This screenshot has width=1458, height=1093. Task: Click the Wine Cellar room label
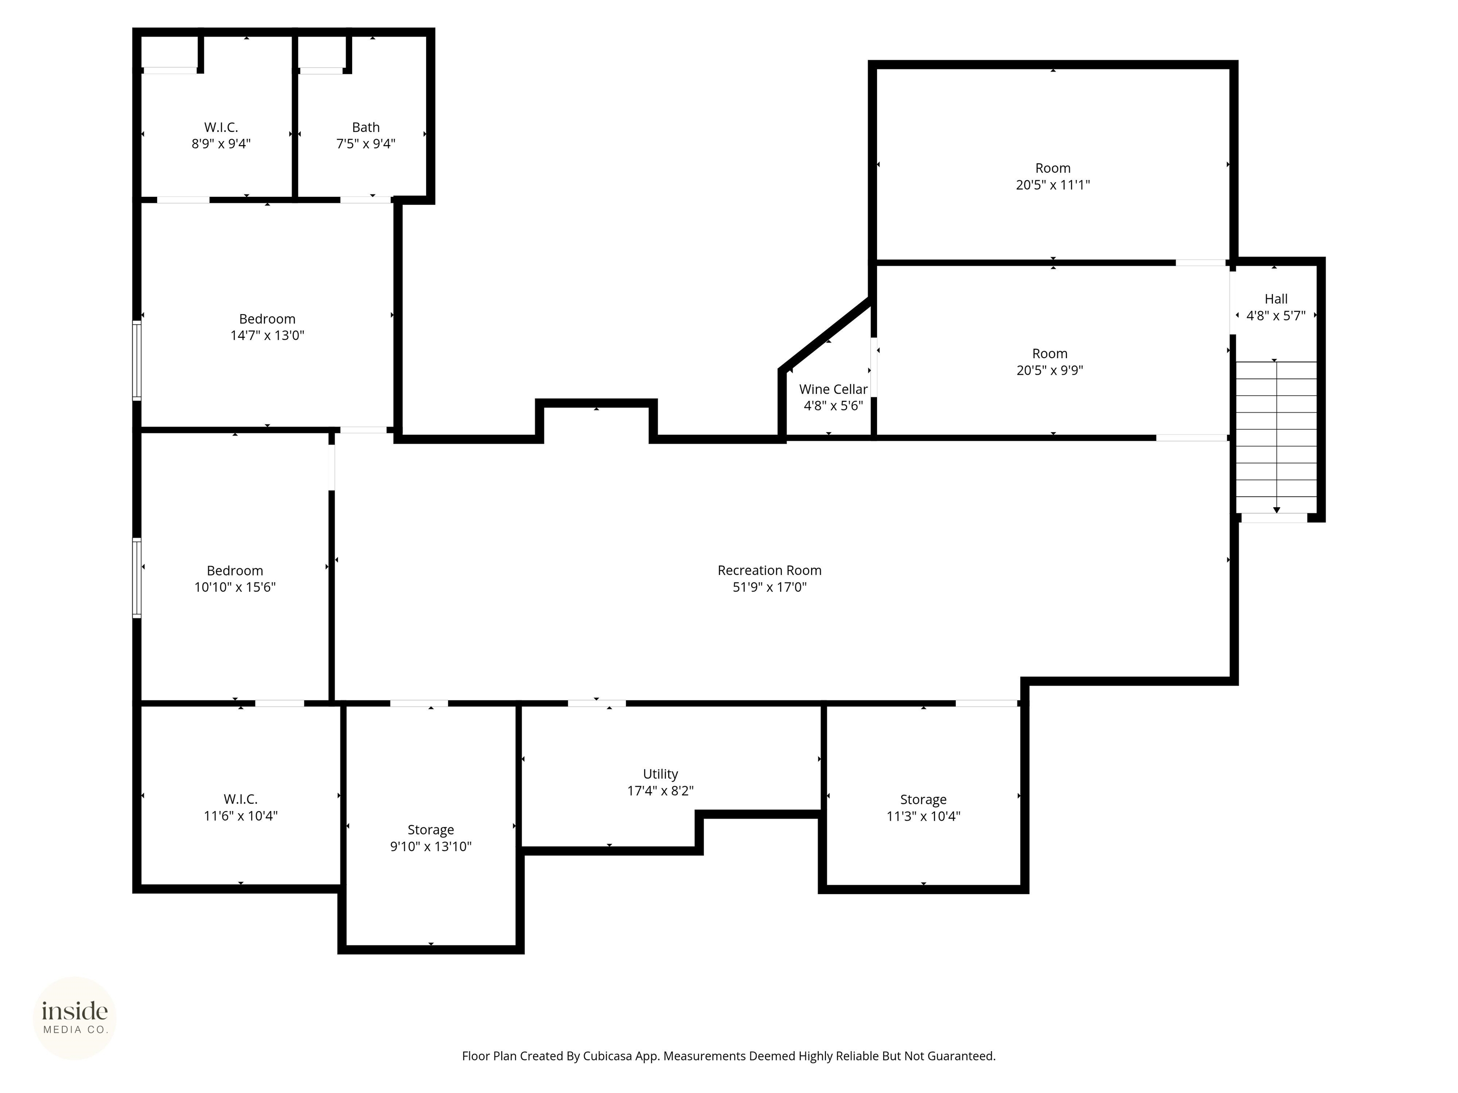coord(833,389)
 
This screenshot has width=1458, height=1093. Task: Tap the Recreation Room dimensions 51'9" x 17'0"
coord(769,587)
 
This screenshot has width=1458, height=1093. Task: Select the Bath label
coord(366,127)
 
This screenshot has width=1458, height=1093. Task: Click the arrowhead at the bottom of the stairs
coord(1277,510)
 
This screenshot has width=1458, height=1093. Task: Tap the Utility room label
coord(661,774)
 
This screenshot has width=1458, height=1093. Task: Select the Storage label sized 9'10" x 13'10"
coord(430,830)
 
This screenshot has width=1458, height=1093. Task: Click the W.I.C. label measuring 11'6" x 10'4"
coord(241,799)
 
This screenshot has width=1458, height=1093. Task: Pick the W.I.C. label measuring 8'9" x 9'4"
coord(221,127)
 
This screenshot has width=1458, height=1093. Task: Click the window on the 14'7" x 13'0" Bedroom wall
coord(137,361)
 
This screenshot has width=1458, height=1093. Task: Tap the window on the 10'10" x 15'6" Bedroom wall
coord(137,578)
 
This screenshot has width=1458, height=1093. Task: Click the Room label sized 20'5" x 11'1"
coord(1053,168)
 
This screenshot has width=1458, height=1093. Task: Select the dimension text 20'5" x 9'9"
coord(1049,370)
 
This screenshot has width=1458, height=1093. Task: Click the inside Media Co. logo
coord(75,1018)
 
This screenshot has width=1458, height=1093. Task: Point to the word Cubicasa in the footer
coord(607,1056)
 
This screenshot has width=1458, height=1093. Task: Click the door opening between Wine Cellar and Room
coord(874,367)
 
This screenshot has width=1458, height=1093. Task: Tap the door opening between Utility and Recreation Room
coord(597,704)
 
